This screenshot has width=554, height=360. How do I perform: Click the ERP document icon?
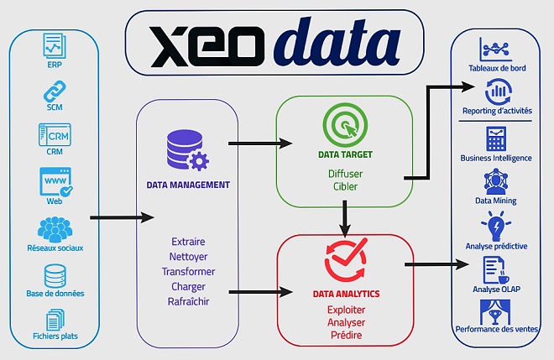pos(54,44)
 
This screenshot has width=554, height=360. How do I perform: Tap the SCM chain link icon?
pos(54,89)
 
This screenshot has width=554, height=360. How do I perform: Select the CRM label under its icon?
pos(54,153)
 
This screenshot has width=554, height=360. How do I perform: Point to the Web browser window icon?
pos(54,182)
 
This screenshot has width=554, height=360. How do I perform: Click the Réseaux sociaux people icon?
pos(54,228)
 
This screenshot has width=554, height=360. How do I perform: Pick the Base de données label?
pos(55,294)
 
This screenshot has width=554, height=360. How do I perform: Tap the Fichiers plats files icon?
pos(54,321)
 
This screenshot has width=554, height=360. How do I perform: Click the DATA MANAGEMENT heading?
pos(188,185)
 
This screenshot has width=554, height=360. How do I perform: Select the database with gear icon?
pos(187,150)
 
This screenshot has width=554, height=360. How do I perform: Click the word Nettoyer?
pos(188,257)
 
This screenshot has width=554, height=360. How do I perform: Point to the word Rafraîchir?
pos(188,301)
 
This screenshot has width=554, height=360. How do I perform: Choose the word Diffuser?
pos(344,174)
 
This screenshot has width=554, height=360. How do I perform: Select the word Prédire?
pos(345,335)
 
